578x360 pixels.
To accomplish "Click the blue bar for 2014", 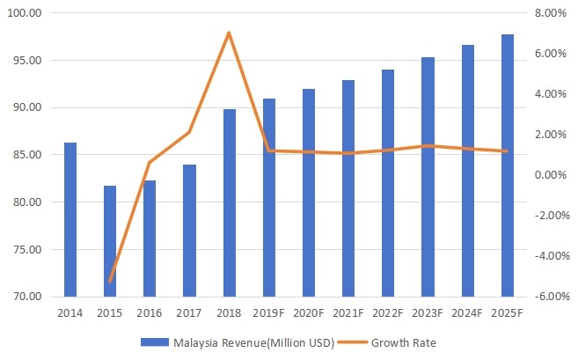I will tap(70, 219).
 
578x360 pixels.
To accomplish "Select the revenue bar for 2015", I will tap(110, 241).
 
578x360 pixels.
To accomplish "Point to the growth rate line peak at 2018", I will tap(229, 33).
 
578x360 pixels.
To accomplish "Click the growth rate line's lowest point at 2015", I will tap(110, 281).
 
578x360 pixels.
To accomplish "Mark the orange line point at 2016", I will tap(150, 162).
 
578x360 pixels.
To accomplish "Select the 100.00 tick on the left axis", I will tap(34, 14).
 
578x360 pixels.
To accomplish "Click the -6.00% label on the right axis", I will tap(546, 297).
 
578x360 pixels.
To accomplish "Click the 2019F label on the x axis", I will tap(269, 312).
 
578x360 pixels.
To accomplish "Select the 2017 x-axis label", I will tap(189, 312).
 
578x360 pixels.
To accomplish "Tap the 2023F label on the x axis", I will tap(428, 312).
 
